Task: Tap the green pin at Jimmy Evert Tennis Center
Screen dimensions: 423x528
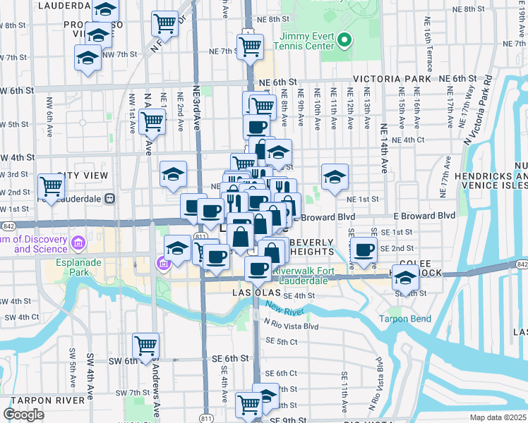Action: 344,39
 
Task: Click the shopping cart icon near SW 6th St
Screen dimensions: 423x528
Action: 145,345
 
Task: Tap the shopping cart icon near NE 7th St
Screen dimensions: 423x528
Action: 251,47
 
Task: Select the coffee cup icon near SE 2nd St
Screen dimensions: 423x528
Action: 364,250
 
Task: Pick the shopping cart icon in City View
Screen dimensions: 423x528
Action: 52,187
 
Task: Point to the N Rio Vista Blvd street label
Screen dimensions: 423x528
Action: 292,326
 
